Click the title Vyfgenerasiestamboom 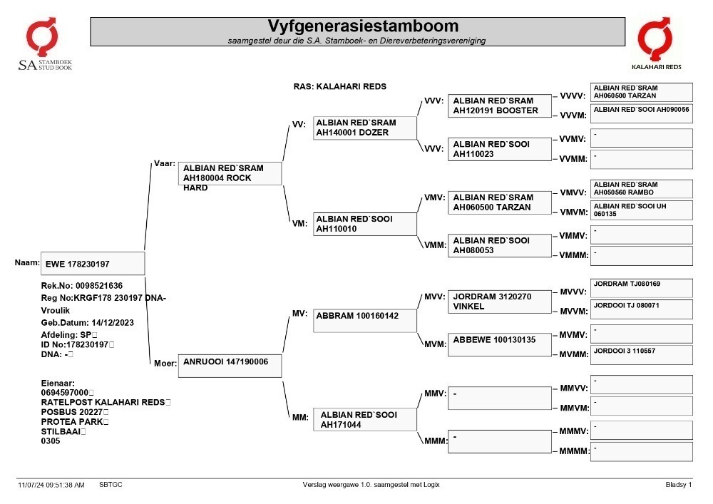363,26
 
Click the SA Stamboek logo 44,44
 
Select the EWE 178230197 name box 93,264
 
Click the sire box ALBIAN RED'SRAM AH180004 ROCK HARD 230,174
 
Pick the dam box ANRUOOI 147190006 230,366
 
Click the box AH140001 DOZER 364,128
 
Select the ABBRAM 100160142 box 364,320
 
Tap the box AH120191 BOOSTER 499,106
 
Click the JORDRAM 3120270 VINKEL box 499,302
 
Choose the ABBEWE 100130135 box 499,344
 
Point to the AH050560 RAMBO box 642,189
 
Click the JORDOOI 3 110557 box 642,355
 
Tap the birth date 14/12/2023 113,323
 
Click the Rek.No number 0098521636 99,286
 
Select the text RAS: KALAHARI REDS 339,86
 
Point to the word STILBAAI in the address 61,431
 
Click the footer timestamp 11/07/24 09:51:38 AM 51,485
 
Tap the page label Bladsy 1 679,485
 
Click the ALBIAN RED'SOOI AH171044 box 364,419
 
